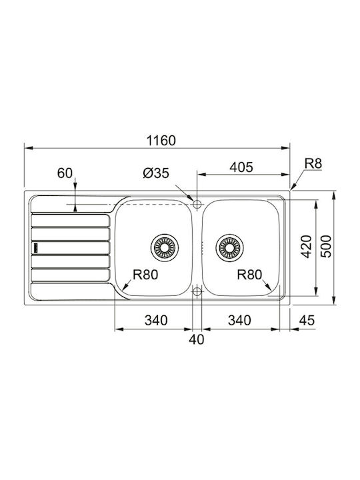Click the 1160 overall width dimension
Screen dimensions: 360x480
click(161, 141)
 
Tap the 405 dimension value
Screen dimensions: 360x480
click(241, 167)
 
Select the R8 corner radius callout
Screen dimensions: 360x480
click(313, 163)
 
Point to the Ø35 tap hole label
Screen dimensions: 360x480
click(156, 173)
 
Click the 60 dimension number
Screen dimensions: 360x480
click(65, 173)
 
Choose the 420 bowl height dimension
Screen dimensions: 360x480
click(306, 247)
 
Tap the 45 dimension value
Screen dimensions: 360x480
click(307, 320)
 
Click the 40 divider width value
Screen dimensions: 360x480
click(196, 339)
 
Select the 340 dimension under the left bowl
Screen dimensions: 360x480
click(156, 320)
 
